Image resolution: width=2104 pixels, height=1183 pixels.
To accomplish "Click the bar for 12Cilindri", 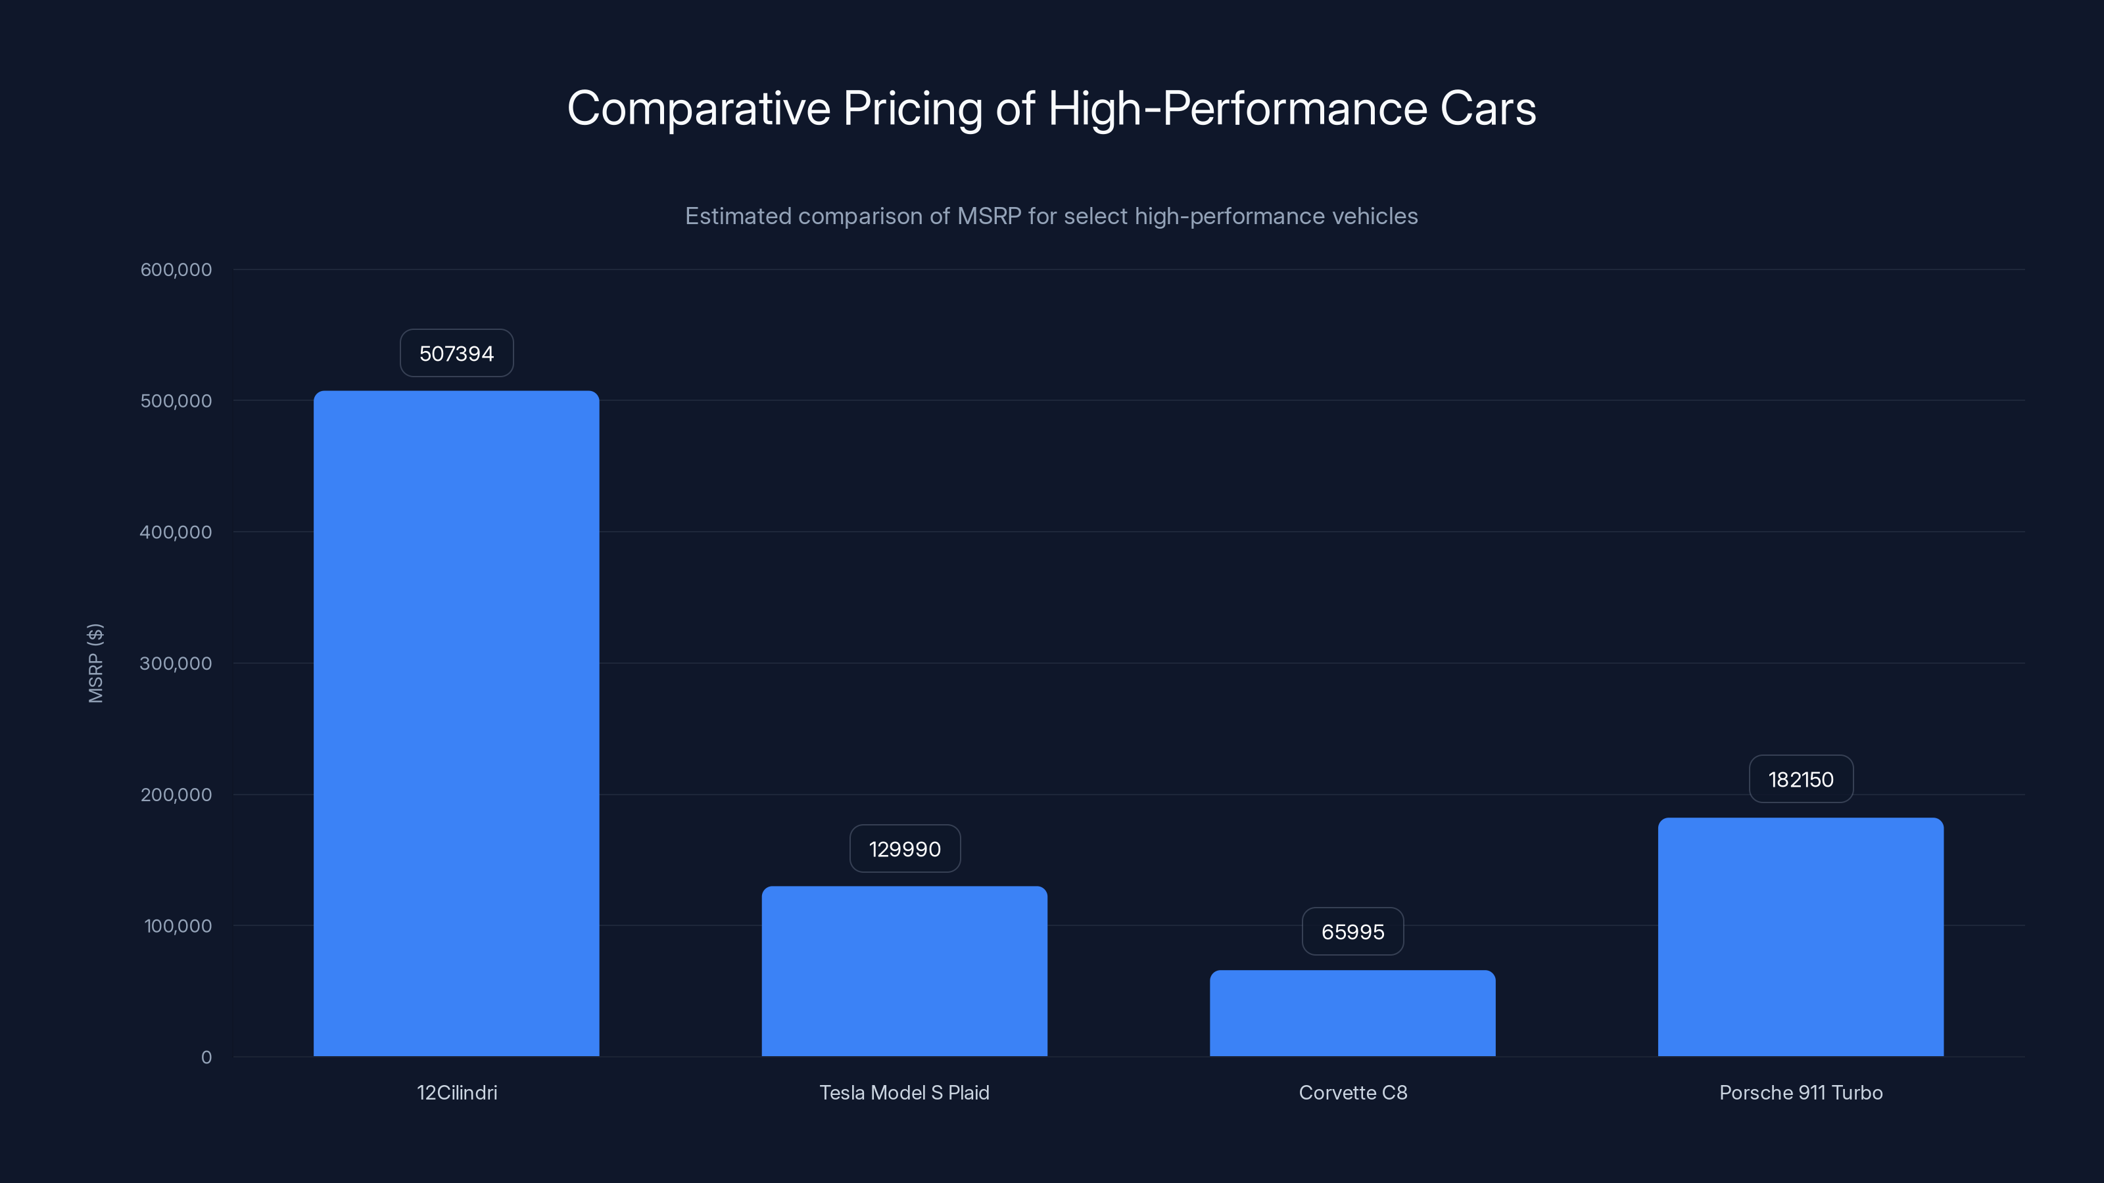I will click(x=456, y=724).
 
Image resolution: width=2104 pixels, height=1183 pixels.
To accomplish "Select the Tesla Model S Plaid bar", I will click(x=904, y=971).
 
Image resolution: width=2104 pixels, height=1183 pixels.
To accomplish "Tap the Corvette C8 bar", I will click(x=1352, y=1013).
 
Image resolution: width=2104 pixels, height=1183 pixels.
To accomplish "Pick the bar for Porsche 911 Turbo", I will click(x=1800, y=937).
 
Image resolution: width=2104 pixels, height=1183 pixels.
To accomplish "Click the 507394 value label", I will click(x=456, y=354).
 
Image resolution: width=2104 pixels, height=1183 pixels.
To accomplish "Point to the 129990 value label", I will click(x=904, y=849).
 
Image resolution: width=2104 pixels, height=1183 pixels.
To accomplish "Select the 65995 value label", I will click(x=1352, y=931).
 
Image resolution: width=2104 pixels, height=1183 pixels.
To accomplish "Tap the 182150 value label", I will click(x=1800, y=779).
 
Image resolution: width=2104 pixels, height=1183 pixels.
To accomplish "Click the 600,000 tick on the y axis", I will click(x=176, y=269).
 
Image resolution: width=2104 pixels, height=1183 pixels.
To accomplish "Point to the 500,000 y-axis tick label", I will click(x=176, y=401).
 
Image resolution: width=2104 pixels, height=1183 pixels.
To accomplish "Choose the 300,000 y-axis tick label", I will click(x=176, y=664).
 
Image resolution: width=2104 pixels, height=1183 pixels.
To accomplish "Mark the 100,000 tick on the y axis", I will click(x=178, y=926).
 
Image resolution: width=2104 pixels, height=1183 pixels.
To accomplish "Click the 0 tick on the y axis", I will click(x=206, y=1057).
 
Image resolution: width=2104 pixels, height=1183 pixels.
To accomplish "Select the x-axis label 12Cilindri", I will click(x=456, y=1092).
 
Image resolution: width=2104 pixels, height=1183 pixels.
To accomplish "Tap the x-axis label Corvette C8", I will click(x=1352, y=1092).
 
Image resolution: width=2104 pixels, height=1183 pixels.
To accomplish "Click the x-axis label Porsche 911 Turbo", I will click(x=1800, y=1092).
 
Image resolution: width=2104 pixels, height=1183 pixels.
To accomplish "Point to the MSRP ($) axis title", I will click(x=95, y=663).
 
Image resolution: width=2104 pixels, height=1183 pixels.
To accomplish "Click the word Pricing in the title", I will click(x=913, y=108).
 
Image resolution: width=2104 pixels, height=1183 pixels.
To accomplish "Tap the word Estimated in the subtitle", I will click(x=738, y=216).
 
